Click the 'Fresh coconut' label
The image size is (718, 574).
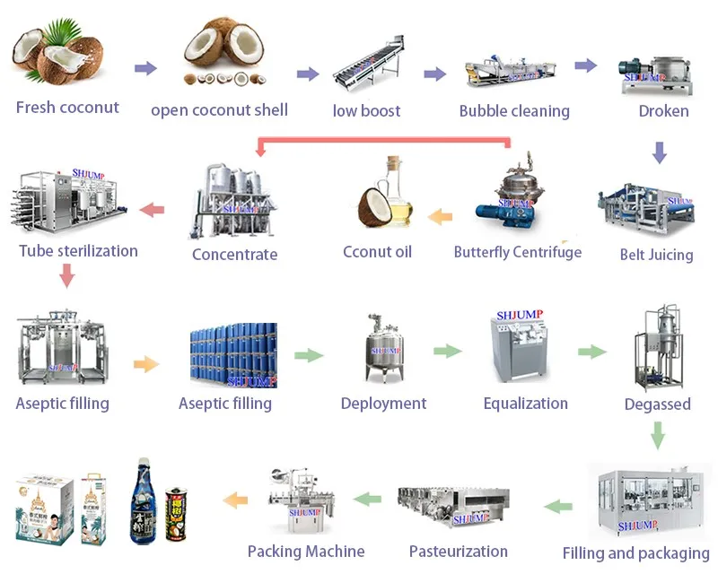click(67, 108)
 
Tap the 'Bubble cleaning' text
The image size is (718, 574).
click(514, 111)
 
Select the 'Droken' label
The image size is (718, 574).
click(663, 111)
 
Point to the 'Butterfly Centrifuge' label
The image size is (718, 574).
click(517, 252)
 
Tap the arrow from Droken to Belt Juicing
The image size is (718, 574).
click(660, 152)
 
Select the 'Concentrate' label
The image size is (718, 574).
click(234, 254)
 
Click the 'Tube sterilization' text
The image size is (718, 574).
click(79, 250)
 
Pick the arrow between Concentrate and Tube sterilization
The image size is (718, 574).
click(153, 210)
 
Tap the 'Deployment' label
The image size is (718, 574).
click(384, 404)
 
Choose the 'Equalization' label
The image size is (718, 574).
click(525, 404)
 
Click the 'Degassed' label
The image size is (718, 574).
click(657, 404)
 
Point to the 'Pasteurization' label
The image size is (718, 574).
click(458, 552)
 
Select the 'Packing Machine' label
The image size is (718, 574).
click(306, 551)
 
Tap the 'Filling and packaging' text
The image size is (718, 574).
click(635, 553)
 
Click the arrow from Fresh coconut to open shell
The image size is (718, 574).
click(145, 68)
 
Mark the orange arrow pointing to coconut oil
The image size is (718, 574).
click(440, 215)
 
